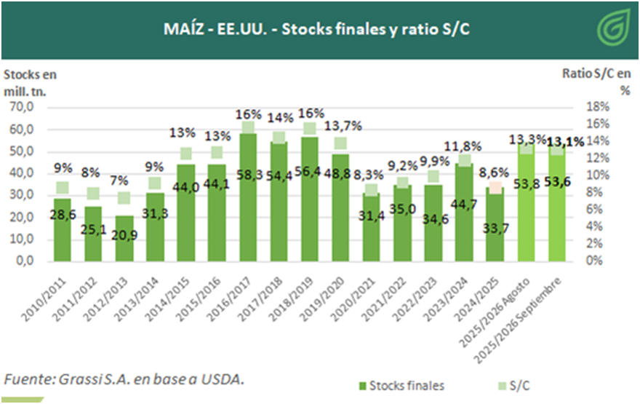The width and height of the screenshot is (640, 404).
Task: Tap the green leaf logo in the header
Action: [x=612, y=29]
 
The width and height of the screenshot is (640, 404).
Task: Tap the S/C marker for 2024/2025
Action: [x=495, y=188]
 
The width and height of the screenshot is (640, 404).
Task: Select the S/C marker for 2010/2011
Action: [x=63, y=188]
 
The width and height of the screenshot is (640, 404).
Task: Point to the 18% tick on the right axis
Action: [x=596, y=107]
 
